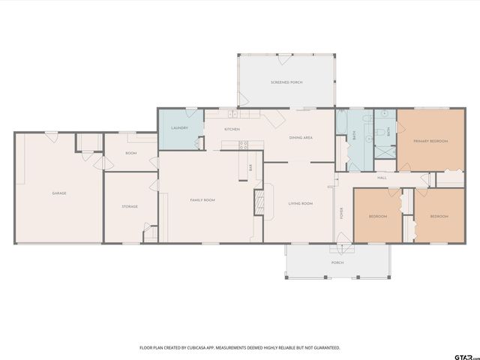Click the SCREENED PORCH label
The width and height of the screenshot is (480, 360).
[286, 82]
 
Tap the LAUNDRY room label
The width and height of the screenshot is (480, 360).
[179, 128]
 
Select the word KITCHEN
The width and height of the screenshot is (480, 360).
[232, 130]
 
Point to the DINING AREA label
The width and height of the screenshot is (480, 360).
[301, 137]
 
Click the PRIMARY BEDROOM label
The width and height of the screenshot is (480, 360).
[430, 141]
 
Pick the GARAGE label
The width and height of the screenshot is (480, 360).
[59, 193]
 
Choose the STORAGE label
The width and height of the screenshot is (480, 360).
[130, 206]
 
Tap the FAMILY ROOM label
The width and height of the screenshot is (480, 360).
[202, 199]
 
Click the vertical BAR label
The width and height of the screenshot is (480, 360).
[250, 168]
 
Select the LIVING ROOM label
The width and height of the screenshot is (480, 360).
[301, 203]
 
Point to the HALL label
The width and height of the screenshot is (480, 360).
[382, 178]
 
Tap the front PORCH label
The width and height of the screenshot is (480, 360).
[338, 263]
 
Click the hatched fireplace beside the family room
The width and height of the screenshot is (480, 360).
[259, 202]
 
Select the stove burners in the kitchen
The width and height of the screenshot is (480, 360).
[243, 145]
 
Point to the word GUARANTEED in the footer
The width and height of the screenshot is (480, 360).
[325, 348]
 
